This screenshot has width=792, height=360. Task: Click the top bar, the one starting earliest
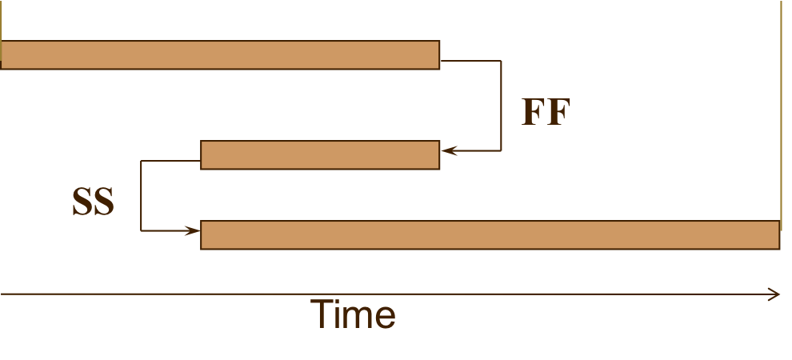coord(220,54)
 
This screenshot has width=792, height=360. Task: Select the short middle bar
coord(320,155)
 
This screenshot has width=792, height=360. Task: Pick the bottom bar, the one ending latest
coord(490,235)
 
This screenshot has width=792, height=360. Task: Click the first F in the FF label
coord(534,113)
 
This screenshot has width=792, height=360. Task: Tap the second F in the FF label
coord(558,113)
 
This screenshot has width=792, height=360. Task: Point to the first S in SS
coord(82,202)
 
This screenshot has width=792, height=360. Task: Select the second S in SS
coord(104,202)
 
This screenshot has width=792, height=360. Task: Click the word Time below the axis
coord(352,315)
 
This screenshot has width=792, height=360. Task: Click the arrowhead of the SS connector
coord(193,231)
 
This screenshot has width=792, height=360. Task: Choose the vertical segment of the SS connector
coord(142,196)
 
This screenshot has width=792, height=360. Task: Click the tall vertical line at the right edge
coord(781,112)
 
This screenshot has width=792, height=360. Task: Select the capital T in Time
coord(322,314)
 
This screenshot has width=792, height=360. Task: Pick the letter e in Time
coord(384,318)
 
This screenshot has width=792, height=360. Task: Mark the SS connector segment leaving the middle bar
coord(170,162)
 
